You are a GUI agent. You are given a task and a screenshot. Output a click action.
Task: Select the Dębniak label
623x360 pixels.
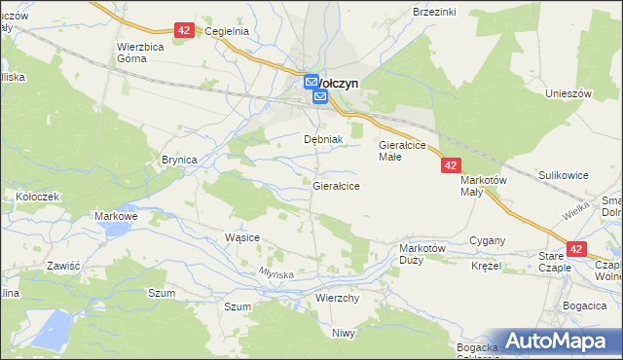click(323, 139)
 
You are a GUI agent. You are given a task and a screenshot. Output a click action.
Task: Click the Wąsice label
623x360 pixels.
click(241, 236)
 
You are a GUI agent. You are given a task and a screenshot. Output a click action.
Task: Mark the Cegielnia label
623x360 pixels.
click(228, 31)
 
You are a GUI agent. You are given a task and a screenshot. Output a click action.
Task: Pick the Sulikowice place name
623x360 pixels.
click(564, 175)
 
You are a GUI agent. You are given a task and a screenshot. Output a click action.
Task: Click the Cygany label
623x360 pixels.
click(487, 239)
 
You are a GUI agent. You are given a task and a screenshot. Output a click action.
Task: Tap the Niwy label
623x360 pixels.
click(343, 333)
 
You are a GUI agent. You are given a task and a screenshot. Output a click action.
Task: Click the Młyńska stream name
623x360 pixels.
click(275, 274)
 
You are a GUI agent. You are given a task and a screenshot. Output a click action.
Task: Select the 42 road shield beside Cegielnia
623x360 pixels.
click(185, 31)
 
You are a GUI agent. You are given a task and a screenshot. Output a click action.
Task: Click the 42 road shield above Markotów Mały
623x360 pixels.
click(450, 166)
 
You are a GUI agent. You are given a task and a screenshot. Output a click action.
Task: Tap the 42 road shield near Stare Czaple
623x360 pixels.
click(576, 250)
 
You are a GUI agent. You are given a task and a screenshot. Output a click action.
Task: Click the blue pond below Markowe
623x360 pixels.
click(114, 230)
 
